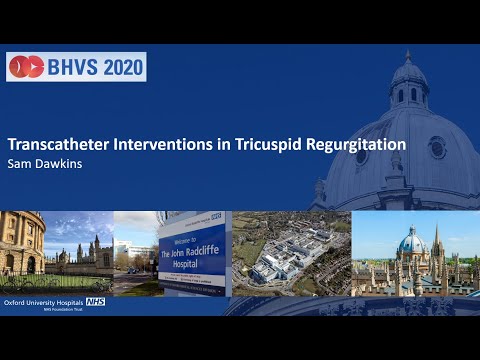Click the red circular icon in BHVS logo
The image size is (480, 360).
click(x=26, y=67)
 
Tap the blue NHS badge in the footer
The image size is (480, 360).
click(x=96, y=301)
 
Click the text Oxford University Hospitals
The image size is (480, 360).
click(x=44, y=301)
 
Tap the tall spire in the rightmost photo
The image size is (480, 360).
click(x=437, y=240)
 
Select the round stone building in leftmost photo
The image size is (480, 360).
click(x=18, y=245)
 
